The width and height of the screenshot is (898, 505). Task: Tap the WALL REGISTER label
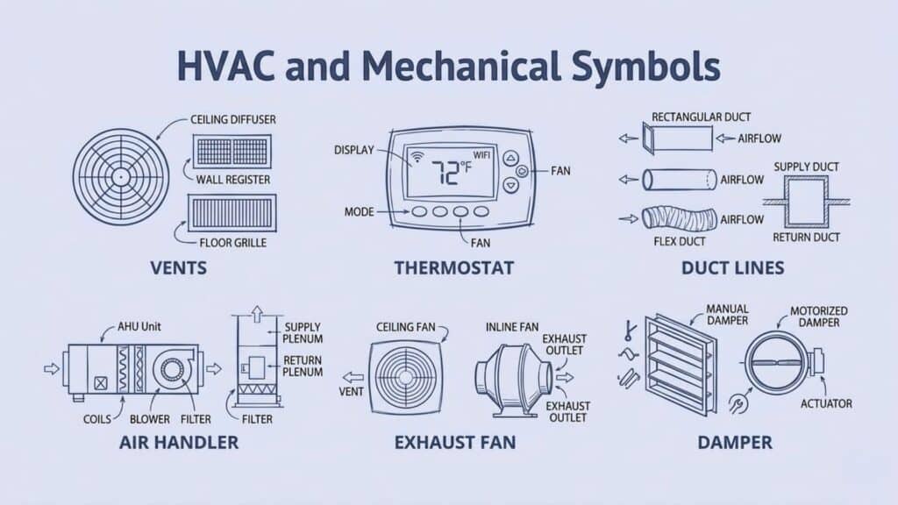point(232,179)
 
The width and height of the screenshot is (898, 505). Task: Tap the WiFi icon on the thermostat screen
point(417,158)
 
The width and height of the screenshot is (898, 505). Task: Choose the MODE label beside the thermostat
point(360,212)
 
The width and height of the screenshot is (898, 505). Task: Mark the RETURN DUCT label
point(806,237)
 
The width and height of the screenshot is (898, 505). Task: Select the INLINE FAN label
point(511,328)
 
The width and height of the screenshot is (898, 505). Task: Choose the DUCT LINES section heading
point(734,267)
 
